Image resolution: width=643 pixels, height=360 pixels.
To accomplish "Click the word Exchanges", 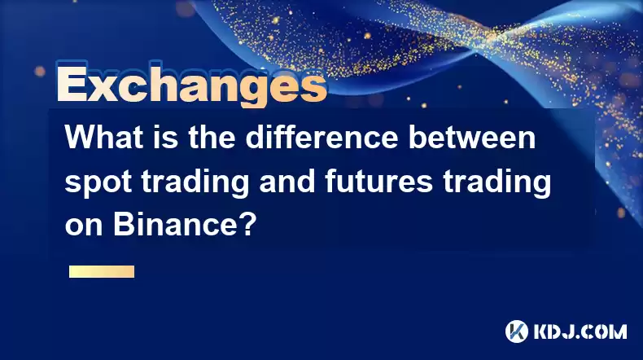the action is click(x=192, y=85).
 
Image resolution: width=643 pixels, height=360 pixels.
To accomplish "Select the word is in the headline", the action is click(x=166, y=137).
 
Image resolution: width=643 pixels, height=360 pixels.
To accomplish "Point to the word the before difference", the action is click(x=212, y=137).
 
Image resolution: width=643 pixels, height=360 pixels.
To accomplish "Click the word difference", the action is click(x=322, y=137).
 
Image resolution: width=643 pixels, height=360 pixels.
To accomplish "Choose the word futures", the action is click(x=379, y=181).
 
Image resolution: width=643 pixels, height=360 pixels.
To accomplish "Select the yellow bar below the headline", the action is click(x=102, y=272).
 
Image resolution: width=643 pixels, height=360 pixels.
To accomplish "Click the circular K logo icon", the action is click(x=517, y=331).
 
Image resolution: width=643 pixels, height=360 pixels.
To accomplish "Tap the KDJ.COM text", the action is click(x=580, y=331).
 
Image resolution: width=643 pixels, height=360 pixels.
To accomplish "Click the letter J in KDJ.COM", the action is click(x=571, y=331).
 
